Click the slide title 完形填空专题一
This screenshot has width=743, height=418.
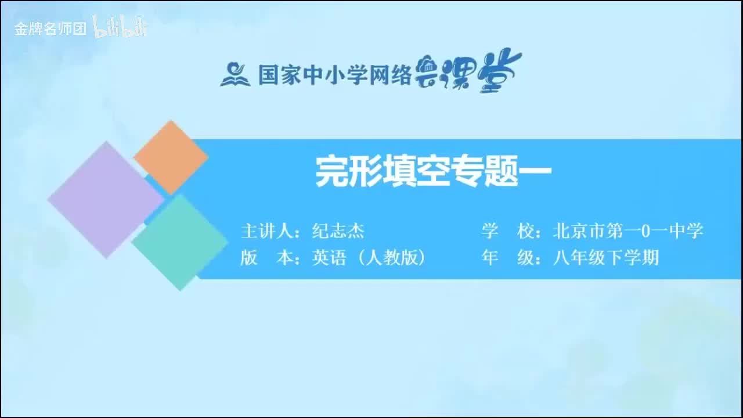(x=432, y=172)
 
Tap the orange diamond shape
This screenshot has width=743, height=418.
(x=171, y=157)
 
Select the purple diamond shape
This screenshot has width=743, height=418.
(x=106, y=199)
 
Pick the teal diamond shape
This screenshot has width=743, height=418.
(x=179, y=242)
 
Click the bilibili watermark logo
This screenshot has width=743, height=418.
(x=120, y=27)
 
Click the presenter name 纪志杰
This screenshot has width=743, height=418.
(x=338, y=232)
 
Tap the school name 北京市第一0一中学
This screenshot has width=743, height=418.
(x=628, y=231)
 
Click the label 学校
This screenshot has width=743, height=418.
(x=508, y=231)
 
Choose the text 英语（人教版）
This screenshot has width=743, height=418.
(x=369, y=257)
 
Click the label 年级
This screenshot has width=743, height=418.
(x=508, y=257)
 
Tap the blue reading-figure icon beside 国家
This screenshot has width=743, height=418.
(x=235, y=75)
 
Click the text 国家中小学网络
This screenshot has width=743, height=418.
(x=335, y=75)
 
